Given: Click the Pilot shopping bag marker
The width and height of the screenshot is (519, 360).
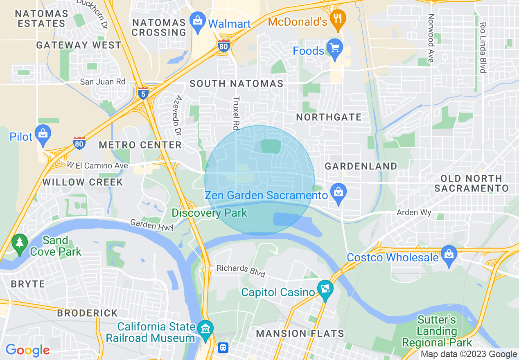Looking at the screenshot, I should [43, 133].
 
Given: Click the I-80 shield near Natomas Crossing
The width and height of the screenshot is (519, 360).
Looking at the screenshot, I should [223, 46].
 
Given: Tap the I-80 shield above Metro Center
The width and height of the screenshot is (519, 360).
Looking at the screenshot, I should [79, 143].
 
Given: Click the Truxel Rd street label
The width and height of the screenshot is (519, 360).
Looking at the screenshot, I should [235, 113].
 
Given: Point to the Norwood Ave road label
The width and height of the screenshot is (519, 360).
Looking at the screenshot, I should [430, 38].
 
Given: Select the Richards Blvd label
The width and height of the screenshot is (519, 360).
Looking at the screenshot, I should [241, 270].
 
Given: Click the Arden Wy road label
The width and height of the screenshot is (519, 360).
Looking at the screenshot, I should [414, 212].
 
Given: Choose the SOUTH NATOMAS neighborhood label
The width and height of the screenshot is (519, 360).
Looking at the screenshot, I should [236, 83].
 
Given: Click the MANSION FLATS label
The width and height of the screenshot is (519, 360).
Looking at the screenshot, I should [300, 333].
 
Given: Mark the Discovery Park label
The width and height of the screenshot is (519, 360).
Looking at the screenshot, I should [209, 213].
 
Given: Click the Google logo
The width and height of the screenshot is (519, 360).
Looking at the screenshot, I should [27, 350].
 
